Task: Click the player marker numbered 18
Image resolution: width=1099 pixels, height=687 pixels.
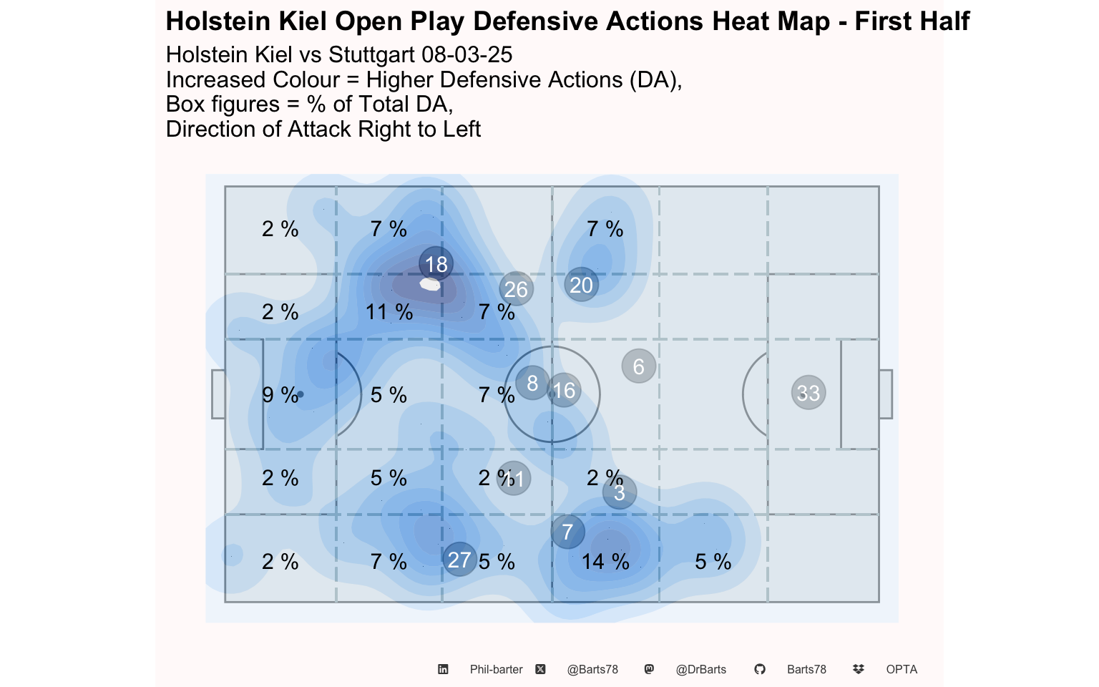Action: pyautogui.click(x=436, y=264)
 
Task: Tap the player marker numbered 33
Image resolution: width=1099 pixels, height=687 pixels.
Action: pyautogui.click(x=809, y=392)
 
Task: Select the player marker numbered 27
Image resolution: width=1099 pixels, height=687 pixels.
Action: pyautogui.click(x=459, y=560)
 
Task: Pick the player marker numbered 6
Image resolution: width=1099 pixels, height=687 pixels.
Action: pyautogui.click(x=639, y=366)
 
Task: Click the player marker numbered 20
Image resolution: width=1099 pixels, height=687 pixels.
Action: pyautogui.click(x=581, y=285)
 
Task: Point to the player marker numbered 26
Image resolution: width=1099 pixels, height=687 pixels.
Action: pyautogui.click(x=516, y=289)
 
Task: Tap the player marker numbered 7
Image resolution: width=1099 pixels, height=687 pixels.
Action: pyautogui.click(x=568, y=532)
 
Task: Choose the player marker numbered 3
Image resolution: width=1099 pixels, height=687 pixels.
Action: pyautogui.click(x=620, y=492)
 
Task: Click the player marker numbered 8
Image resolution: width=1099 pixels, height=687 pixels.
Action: pyautogui.click(x=532, y=383)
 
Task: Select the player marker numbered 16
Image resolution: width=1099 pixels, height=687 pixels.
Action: pyautogui.click(x=565, y=390)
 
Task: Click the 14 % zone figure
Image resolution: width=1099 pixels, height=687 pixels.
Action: pyautogui.click(x=605, y=562)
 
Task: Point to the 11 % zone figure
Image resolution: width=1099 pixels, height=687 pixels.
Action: pyautogui.click(x=389, y=312)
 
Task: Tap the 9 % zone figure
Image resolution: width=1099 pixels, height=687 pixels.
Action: pyautogui.click(x=280, y=395)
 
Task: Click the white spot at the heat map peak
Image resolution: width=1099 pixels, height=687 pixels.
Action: pyautogui.click(x=430, y=284)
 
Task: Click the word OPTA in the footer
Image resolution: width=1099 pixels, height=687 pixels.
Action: pyautogui.click(x=902, y=669)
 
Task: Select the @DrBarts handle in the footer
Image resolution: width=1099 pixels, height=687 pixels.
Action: pyautogui.click(x=700, y=669)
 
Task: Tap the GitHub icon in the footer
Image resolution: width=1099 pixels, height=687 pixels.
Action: pyautogui.click(x=760, y=669)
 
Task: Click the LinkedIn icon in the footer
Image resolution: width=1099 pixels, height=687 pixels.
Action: pyautogui.click(x=443, y=669)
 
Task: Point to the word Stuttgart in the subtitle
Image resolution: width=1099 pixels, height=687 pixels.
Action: pyautogui.click(x=373, y=55)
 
